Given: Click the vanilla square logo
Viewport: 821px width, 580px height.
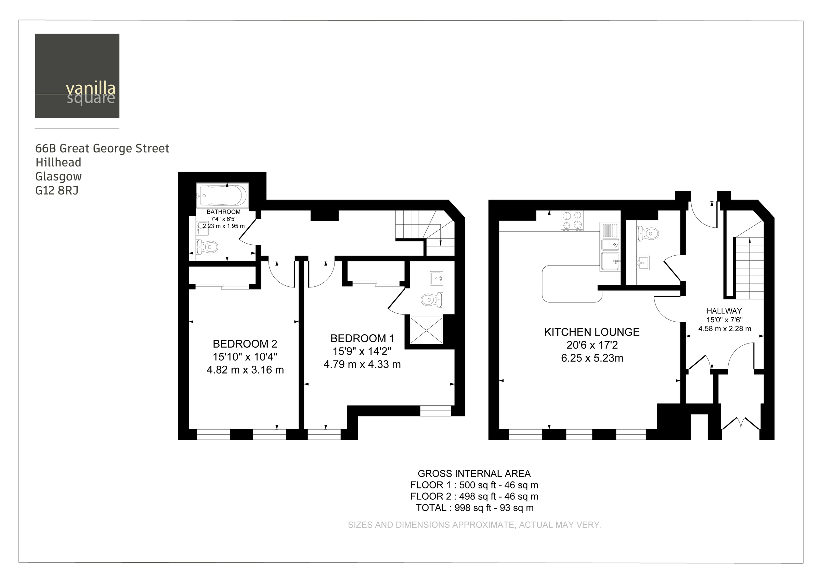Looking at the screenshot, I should [x=77, y=76].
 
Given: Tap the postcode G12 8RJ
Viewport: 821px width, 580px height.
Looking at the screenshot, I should [x=56, y=190].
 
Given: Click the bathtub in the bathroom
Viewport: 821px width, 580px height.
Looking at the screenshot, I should [x=222, y=195].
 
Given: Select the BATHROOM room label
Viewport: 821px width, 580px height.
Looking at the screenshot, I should [x=223, y=212].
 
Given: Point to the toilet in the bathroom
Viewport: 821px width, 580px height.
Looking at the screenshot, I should [x=207, y=246].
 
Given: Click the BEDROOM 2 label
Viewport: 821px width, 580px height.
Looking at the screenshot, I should [x=245, y=344].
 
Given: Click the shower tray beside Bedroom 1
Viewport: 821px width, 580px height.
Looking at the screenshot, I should [x=426, y=330].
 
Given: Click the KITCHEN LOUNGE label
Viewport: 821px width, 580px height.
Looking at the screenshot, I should [x=592, y=332].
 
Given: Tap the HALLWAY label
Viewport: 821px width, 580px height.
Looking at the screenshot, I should [x=724, y=311].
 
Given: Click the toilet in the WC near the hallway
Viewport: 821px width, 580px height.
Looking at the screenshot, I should [x=648, y=234].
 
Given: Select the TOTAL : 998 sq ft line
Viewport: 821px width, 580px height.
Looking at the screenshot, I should [x=474, y=508].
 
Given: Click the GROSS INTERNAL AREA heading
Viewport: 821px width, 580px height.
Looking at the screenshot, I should [x=474, y=473].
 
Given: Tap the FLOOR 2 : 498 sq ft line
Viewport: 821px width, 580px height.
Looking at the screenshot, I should [x=474, y=496].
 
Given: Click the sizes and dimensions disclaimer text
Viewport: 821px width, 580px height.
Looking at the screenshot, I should [x=474, y=525].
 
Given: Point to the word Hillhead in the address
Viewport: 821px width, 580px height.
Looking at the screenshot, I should [x=58, y=162].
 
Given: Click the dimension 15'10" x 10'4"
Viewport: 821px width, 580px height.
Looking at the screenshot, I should [x=245, y=357].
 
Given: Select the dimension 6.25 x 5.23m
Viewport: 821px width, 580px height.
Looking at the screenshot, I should [x=592, y=358].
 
